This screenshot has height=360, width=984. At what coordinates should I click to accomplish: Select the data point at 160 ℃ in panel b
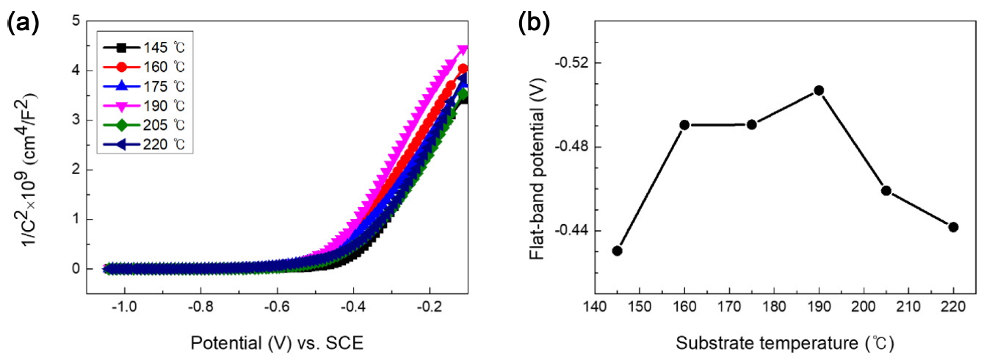[x=684, y=125]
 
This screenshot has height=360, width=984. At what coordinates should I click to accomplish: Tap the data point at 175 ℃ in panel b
[x=751, y=124]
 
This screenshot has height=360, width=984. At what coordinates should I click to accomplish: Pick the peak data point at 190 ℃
[x=819, y=90]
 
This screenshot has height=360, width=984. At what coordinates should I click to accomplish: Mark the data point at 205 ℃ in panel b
[x=886, y=191]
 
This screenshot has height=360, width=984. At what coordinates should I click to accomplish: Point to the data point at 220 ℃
[x=953, y=227]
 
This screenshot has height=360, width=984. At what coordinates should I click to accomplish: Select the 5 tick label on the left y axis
[x=76, y=21]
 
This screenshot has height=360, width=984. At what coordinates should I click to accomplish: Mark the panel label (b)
[x=533, y=24]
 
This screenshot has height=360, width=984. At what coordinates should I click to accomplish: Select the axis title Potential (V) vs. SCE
[x=277, y=342]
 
